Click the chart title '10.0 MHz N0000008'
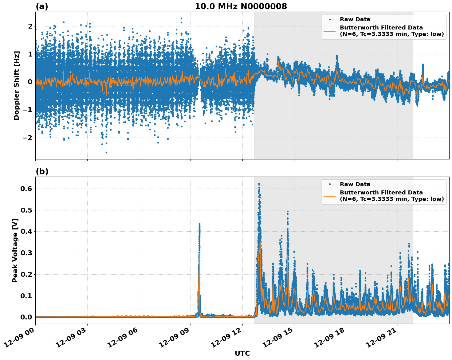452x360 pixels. point(241,6)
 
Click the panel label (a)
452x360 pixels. point(42,6)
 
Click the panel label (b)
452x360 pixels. point(42,171)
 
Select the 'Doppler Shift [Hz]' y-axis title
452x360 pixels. point(17,85)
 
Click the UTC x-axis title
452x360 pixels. point(242,353)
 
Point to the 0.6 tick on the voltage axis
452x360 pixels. point(26,189)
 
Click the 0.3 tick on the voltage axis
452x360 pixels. point(26,253)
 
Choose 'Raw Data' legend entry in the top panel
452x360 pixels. point(355,19)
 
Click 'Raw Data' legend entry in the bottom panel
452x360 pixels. point(355,184)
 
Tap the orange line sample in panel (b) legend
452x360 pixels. point(329,196)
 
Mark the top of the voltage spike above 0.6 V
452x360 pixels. point(259,184)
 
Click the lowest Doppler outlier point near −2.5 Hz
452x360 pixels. point(106,152)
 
